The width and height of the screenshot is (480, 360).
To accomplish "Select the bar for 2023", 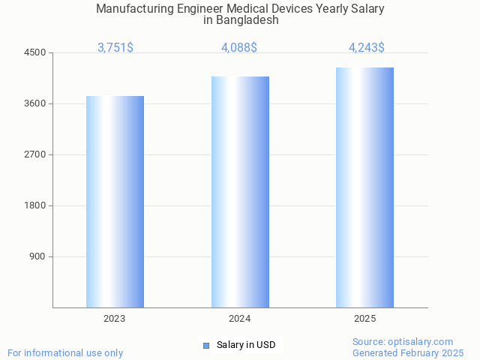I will click(115, 202).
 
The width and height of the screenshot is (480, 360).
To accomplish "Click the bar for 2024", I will click(240, 192).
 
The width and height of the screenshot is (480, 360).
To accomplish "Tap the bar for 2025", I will click(364, 187).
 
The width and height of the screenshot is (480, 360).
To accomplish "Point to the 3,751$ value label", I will click(115, 47).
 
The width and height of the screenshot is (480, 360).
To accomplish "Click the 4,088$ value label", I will click(239, 47).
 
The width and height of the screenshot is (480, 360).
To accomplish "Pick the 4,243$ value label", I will click(367, 47).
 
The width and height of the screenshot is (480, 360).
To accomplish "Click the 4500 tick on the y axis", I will click(35, 52).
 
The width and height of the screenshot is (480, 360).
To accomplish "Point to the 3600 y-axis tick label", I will click(35, 103).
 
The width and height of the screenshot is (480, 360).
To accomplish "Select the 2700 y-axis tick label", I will click(35, 154).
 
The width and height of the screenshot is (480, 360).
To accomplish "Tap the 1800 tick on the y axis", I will click(35, 205).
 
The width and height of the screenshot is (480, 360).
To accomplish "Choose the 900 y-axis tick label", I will click(37, 256).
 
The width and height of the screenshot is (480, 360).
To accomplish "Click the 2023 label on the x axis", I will click(115, 319).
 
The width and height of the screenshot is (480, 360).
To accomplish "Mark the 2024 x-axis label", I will click(240, 319).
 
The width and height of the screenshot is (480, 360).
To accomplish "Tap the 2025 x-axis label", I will click(364, 319).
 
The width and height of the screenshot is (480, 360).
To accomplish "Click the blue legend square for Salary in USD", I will click(206, 345).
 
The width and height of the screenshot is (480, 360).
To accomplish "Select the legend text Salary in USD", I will click(246, 345).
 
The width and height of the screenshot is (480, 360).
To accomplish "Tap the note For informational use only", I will click(65, 352).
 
